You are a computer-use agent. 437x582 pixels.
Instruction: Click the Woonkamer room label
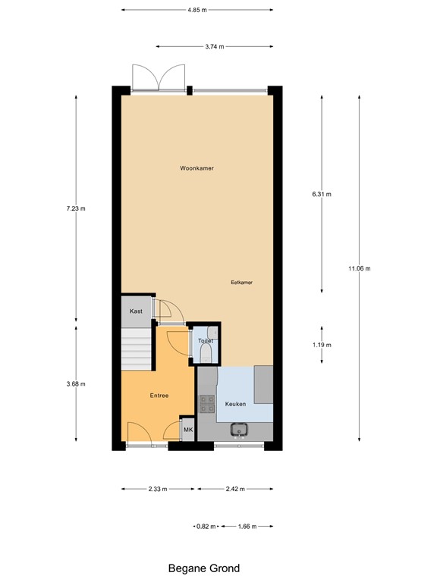click(196, 167)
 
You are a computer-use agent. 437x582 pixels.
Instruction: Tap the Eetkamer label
click(242, 283)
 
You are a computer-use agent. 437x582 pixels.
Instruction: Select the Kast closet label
click(136, 311)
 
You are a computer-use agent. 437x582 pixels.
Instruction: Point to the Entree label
click(159, 395)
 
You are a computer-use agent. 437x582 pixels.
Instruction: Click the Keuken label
click(236, 404)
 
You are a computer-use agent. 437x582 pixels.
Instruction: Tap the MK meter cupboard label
click(188, 430)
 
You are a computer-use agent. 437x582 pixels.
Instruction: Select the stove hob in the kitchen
click(206, 404)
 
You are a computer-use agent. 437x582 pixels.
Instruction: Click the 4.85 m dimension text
click(196, 11)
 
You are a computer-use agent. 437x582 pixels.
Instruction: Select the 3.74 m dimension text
click(215, 46)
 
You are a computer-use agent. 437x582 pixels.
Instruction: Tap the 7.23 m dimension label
click(76, 208)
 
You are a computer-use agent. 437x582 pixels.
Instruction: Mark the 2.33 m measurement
click(158, 489)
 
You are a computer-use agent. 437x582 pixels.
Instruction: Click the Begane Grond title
click(204, 568)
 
